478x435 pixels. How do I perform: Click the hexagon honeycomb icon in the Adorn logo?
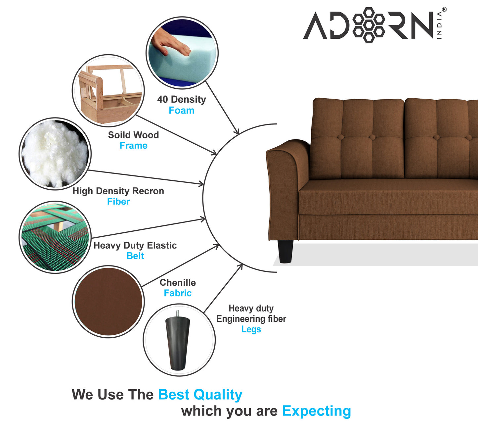point(369,25)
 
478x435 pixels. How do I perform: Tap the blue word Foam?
point(181,110)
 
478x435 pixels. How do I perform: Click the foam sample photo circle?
point(182,53)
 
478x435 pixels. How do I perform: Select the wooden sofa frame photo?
point(108,91)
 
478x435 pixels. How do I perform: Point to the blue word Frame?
point(133,146)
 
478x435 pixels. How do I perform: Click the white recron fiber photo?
point(55,154)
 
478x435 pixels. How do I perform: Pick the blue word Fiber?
point(118,202)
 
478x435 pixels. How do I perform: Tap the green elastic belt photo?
point(55,237)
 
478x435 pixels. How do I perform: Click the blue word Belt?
point(135,256)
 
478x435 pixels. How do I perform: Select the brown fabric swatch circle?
point(108,302)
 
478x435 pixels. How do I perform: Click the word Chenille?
point(178,283)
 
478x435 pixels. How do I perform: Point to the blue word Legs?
point(251,329)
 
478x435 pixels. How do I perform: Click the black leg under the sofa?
point(285,251)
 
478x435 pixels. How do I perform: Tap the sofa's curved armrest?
point(286,175)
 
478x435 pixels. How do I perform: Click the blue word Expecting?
point(316,411)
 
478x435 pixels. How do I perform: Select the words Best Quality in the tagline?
point(200,395)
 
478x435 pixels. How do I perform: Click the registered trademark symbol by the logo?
point(444,10)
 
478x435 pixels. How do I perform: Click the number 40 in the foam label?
point(162,99)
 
